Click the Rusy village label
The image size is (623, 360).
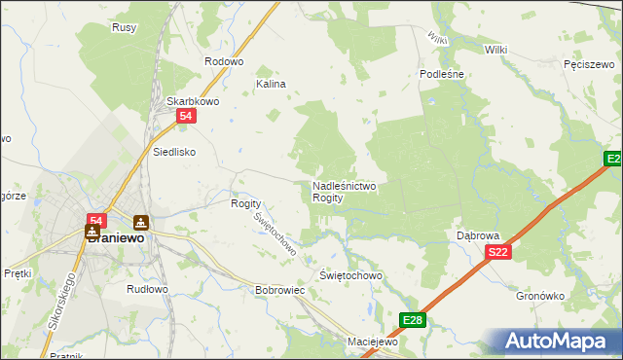[124, 28]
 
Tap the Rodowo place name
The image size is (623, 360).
[223, 61]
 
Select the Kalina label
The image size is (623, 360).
[271, 85]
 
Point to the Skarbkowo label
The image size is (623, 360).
[191, 100]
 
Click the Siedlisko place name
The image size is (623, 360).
[175, 152]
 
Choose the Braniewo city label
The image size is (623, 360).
[115, 236]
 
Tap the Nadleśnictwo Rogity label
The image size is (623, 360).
[345, 191]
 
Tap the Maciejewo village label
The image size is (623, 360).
[374, 342]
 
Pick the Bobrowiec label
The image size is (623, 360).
[280, 290]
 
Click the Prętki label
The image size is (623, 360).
[18, 273]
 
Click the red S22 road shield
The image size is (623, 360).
[497, 252]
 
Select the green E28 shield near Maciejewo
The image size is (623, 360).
[412, 319]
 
